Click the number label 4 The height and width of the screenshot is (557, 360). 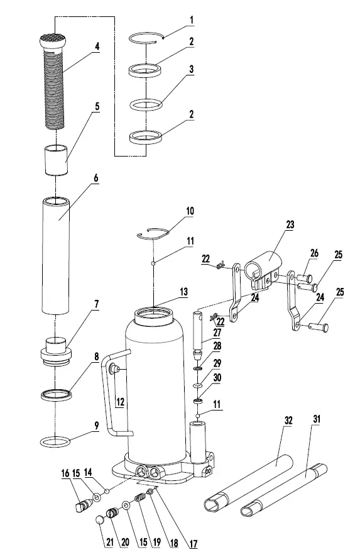click(x=97, y=46)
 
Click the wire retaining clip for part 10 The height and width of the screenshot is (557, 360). click(x=155, y=233)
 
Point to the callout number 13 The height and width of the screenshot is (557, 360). click(x=184, y=292)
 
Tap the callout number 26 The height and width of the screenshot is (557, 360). click(x=314, y=253)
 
